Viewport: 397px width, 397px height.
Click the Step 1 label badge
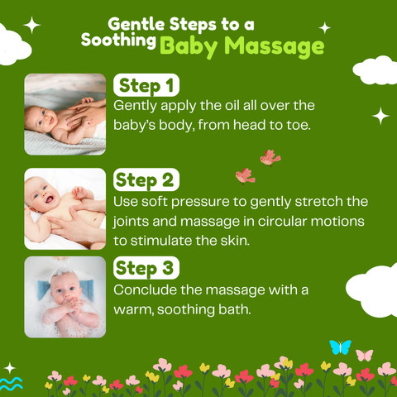pyautogui.click(x=146, y=85)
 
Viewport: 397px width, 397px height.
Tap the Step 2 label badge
pyautogui.click(x=146, y=179)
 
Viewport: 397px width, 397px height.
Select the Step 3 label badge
pyautogui.click(x=146, y=268)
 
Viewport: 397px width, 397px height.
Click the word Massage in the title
pyautogui.click(x=274, y=45)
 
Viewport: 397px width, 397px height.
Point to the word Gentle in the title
pyautogui.click(x=136, y=24)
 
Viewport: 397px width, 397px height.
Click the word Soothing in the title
pyautogui.click(x=118, y=41)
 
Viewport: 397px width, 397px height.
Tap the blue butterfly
pyautogui.click(x=341, y=347)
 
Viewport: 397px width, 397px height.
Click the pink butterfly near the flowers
pyautogui.click(x=364, y=355)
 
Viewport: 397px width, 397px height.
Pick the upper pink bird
pyautogui.click(x=270, y=158)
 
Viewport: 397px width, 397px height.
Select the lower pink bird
pyautogui.click(x=245, y=176)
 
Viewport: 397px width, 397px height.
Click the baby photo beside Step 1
pyautogui.click(x=65, y=114)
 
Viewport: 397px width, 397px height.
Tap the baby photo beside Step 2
pyautogui.click(x=65, y=208)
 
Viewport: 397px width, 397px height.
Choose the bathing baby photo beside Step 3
pyautogui.click(x=65, y=297)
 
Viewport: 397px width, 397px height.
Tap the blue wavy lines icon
pyautogui.click(x=11, y=384)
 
